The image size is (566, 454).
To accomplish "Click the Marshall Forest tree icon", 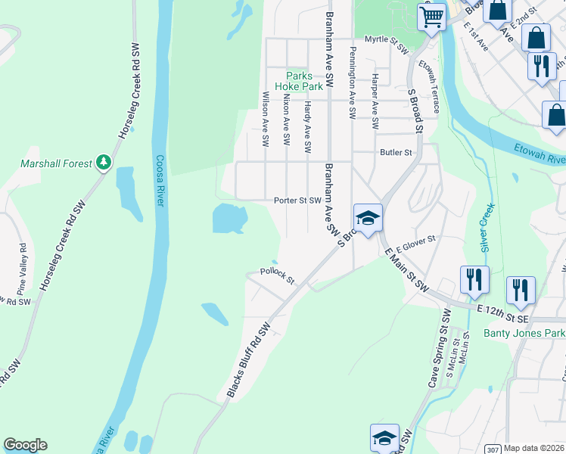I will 104,162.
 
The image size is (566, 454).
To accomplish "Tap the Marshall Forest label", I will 57,163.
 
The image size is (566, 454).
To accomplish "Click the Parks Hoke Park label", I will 304,81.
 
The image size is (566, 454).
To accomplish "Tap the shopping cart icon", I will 431,16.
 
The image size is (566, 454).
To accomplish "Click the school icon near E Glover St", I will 368,219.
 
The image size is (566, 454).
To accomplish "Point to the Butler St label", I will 395,152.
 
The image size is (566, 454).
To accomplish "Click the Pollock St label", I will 276,275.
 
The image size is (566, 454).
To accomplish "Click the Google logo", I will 25,445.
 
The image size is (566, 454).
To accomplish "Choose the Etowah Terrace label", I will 434,88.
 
